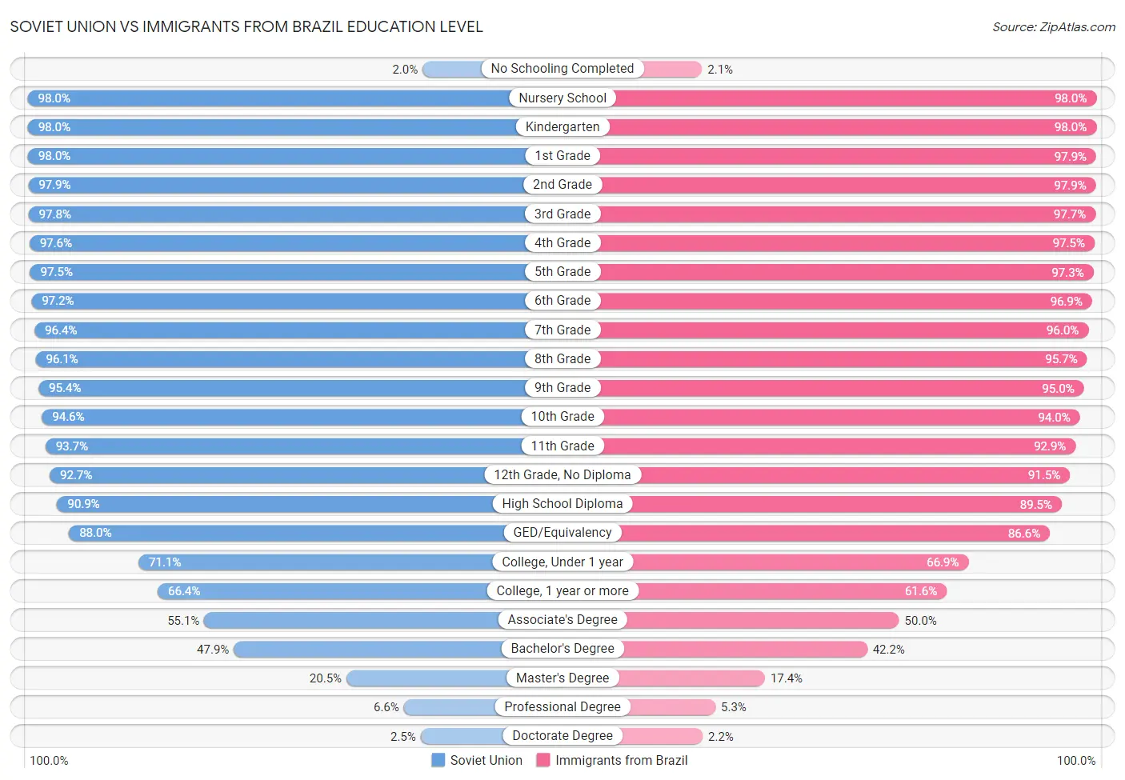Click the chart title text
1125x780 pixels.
[x=246, y=26]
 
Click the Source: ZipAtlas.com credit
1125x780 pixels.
[x=1053, y=27]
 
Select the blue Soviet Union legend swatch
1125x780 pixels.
[x=438, y=760]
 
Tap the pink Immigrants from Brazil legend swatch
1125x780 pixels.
[x=543, y=760]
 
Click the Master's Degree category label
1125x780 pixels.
[x=562, y=678]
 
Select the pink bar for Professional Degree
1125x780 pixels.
[x=673, y=707]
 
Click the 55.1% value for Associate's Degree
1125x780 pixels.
[x=183, y=621]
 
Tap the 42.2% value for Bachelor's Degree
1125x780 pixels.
[x=888, y=650]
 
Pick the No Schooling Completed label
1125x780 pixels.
[x=562, y=69]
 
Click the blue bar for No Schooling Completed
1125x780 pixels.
[x=452, y=70]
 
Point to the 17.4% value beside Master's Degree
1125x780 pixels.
[x=786, y=678]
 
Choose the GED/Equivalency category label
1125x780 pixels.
[x=562, y=533]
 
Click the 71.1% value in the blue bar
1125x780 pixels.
[x=165, y=562]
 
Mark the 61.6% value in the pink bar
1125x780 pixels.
[x=920, y=591]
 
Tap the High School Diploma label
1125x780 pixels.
[x=562, y=504]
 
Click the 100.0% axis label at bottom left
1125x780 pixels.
[x=49, y=760]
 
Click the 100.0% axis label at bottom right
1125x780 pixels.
[x=1076, y=760]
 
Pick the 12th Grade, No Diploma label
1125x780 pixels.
[x=562, y=475]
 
